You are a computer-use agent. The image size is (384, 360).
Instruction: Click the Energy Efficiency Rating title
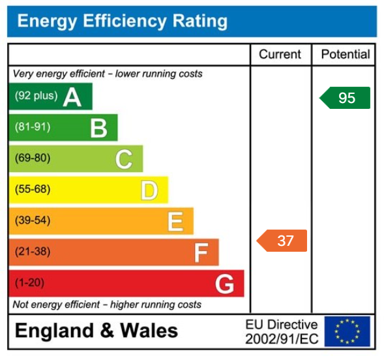point(122,22)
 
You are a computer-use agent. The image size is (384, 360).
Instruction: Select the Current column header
point(280,55)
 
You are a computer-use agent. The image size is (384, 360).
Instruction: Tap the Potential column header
point(345,55)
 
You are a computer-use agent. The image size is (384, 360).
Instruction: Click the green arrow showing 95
point(346,98)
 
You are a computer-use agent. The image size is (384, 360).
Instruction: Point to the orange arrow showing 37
point(283,241)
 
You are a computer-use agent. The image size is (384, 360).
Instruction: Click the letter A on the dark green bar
point(72,97)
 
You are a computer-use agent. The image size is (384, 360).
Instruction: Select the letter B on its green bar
point(98,128)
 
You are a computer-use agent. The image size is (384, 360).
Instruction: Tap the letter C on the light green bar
point(124,159)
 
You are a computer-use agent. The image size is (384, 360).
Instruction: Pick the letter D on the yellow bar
point(149,190)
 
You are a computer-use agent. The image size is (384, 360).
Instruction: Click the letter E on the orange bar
point(175,222)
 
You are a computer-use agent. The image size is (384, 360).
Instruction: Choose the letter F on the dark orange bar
point(201,252)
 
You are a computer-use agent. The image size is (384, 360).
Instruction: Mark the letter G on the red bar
point(224,284)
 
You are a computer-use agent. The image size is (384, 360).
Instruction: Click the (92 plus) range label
point(36,96)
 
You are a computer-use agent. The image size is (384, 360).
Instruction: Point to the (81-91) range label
point(33,127)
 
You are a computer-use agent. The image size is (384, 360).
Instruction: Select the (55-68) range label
point(33,190)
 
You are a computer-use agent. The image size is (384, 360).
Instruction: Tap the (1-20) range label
point(30,283)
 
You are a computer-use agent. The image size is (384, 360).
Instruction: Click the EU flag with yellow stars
point(347,331)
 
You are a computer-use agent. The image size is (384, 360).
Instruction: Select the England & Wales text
point(96,331)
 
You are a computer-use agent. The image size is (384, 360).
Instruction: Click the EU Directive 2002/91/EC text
point(282,332)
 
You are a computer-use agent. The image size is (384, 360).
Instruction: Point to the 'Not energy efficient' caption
point(107,305)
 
